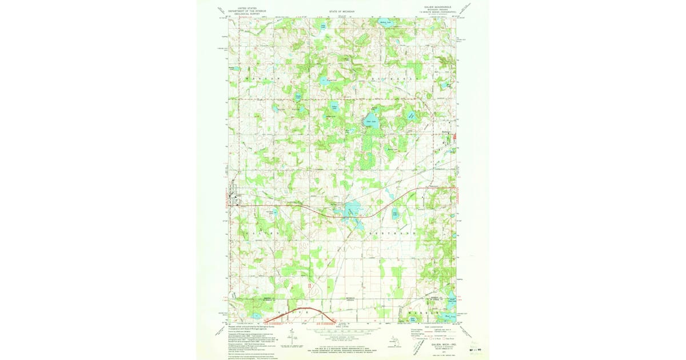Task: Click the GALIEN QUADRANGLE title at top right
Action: [x=438, y=7]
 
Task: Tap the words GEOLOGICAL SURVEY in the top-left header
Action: [x=247, y=13]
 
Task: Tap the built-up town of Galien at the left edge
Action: [x=233, y=198]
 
